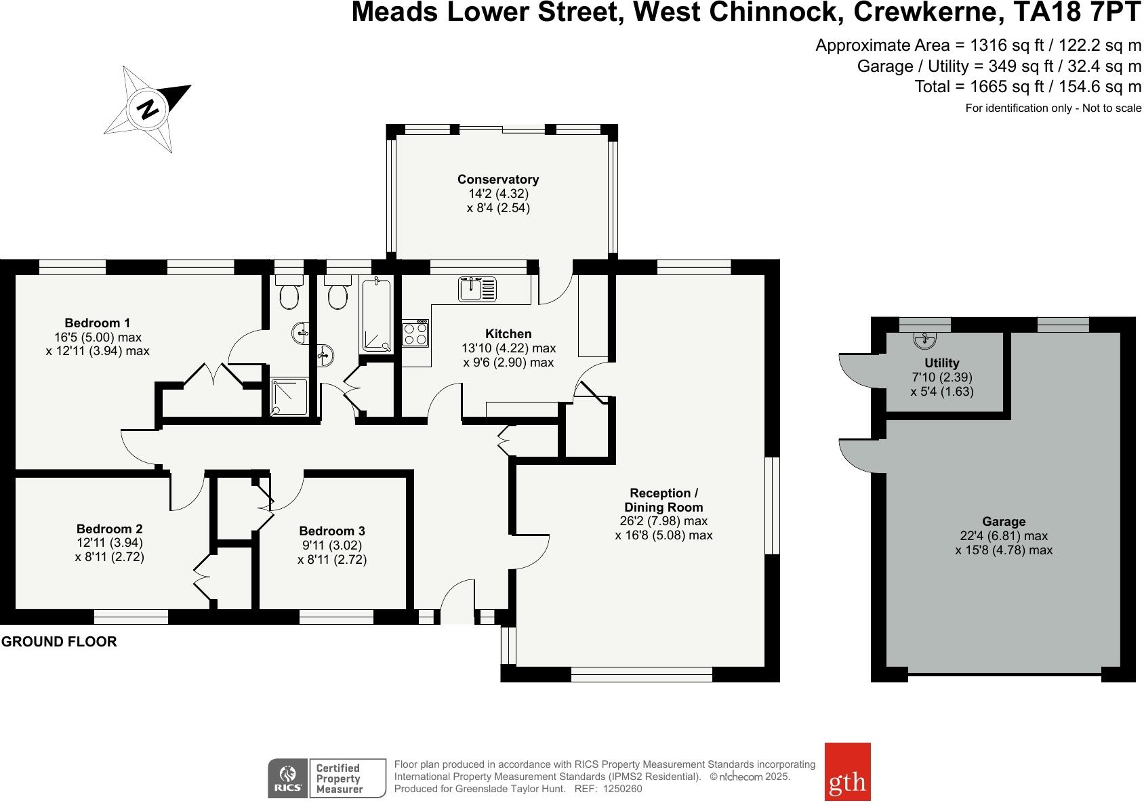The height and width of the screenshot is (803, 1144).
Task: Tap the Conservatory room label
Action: pyautogui.click(x=498, y=180)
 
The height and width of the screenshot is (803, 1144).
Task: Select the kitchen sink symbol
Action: pyautogui.click(x=478, y=289)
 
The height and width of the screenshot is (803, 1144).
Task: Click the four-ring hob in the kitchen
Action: pyautogui.click(x=415, y=333)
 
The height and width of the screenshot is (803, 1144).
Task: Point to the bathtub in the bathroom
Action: pyautogui.click(x=376, y=316)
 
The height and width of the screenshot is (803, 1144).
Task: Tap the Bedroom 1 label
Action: pyautogui.click(x=98, y=323)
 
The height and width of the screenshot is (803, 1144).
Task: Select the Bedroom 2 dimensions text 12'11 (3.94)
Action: pyautogui.click(x=110, y=543)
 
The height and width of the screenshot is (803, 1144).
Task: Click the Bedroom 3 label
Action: pyautogui.click(x=332, y=531)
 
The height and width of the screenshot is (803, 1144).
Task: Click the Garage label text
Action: pyautogui.click(x=1004, y=522)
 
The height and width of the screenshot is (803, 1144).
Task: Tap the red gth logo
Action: pyautogui.click(x=847, y=772)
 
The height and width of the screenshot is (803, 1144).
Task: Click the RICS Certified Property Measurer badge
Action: pyautogui.click(x=327, y=778)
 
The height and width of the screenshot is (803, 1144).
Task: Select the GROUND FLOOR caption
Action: pyautogui.click(x=59, y=642)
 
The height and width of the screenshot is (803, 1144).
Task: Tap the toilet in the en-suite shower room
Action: pyautogui.click(x=289, y=294)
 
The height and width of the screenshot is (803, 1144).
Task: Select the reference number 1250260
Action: pyautogui.click(x=622, y=789)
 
